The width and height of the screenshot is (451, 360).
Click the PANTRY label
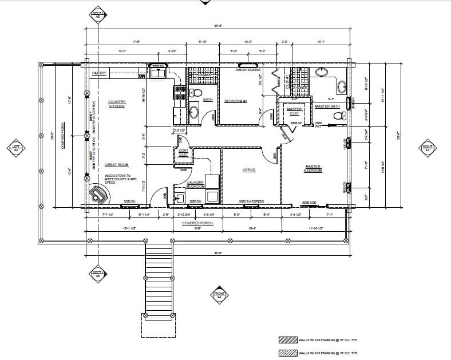[100, 73]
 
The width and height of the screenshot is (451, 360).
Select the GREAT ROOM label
[116, 164]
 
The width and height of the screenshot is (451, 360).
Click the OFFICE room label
[248, 170]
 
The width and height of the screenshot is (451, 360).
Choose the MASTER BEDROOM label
[312, 168]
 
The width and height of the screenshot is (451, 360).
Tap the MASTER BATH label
[327, 106]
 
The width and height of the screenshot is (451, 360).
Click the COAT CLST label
[184, 153]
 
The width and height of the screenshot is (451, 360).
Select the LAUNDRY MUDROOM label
[196, 184]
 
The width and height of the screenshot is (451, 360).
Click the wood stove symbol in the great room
[98, 195]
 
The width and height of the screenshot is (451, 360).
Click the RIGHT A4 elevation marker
[427, 148]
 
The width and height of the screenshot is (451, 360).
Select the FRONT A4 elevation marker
[219, 294]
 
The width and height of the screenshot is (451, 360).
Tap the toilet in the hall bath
[197, 93]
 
